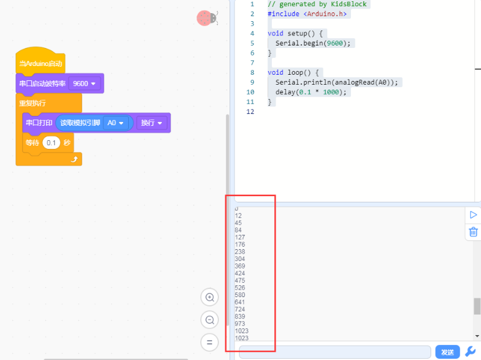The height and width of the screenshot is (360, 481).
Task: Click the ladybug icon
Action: [x=207, y=18]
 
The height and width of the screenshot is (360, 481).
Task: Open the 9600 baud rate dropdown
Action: [x=85, y=83]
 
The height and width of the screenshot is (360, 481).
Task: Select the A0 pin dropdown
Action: [x=115, y=123]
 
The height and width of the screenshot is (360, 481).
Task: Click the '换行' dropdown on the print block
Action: [x=152, y=123]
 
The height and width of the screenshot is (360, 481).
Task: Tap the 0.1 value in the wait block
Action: [x=51, y=143]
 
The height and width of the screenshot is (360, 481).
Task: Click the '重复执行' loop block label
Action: [x=32, y=103]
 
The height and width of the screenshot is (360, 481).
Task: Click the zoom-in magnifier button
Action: [x=210, y=297]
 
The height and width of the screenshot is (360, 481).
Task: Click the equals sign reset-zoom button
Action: [x=210, y=342]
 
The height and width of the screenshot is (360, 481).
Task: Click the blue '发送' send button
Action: [x=447, y=352]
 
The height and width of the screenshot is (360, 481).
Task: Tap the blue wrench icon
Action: [x=470, y=351]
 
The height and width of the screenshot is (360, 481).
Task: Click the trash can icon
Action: [x=474, y=232]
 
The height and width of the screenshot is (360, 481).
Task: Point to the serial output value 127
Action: [x=240, y=237]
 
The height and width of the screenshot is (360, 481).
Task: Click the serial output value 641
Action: [x=240, y=302]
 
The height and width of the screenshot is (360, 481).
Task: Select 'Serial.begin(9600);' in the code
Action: [x=312, y=43]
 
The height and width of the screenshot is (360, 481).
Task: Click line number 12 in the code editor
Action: [x=250, y=111]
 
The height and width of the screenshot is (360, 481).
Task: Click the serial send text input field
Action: [x=335, y=352]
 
